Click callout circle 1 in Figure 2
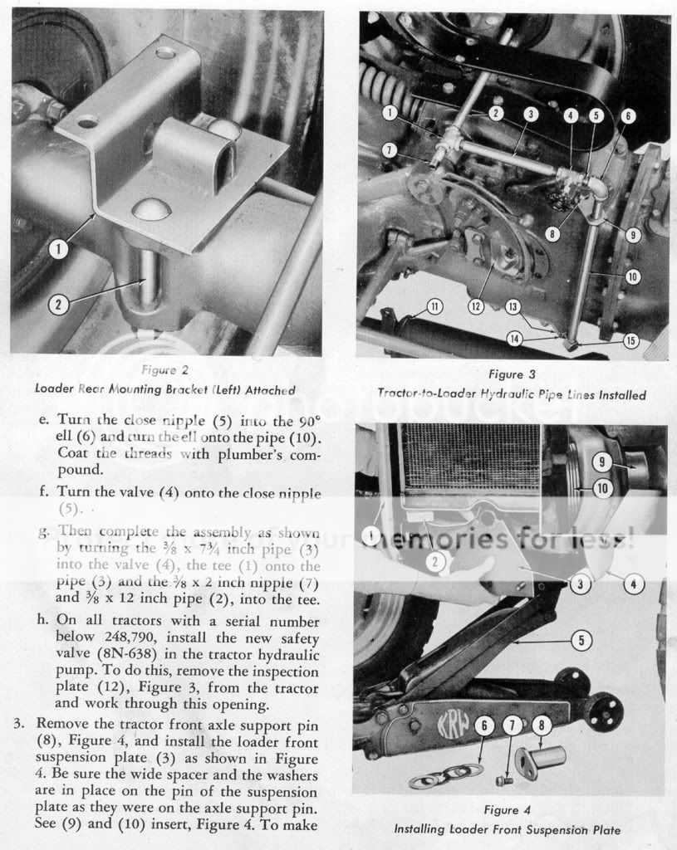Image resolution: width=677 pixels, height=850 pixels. [x=58, y=247]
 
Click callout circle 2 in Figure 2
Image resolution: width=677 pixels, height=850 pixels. [x=58, y=305]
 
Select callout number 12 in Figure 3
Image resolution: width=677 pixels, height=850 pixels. [x=475, y=306]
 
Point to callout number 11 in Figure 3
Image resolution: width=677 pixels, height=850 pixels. [x=434, y=306]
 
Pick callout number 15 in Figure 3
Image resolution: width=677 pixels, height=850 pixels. [x=631, y=340]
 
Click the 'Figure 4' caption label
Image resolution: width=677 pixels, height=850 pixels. [x=512, y=809]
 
